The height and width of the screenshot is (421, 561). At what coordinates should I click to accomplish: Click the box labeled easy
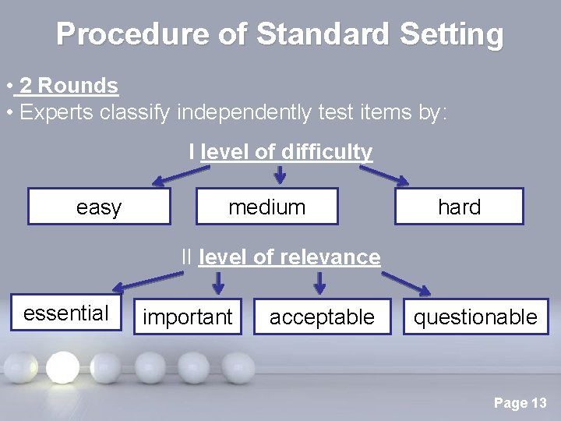pyautogui.click(x=99, y=207)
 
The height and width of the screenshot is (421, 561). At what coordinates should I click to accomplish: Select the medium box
pyautogui.click(x=266, y=207)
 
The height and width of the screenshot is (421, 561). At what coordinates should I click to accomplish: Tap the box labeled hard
pyautogui.click(x=459, y=207)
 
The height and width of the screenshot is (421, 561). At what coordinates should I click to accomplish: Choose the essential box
pyautogui.click(x=66, y=313)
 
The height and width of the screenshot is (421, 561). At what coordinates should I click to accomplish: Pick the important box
pyautogui.click(x=188, y=317)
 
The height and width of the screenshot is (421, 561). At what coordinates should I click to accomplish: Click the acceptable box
pyautogui.click(x=322, y=317)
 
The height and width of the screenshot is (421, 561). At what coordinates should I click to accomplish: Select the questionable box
pyautogui.click(x=475, y=317)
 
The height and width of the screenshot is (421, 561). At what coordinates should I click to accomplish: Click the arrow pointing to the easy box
pyautogui.click(x=172, y=178)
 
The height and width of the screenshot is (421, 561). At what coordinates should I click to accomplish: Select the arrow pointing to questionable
pyautogui.click(x=406, y=282)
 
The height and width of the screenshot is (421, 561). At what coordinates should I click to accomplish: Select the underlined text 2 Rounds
pyautogui.click(x=69, y=86)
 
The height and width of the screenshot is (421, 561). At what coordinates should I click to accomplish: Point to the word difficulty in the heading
pyautogui.click(x=327, y=151)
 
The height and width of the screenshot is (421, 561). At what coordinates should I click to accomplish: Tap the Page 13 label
pyautogui.click(x=520, y=403)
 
